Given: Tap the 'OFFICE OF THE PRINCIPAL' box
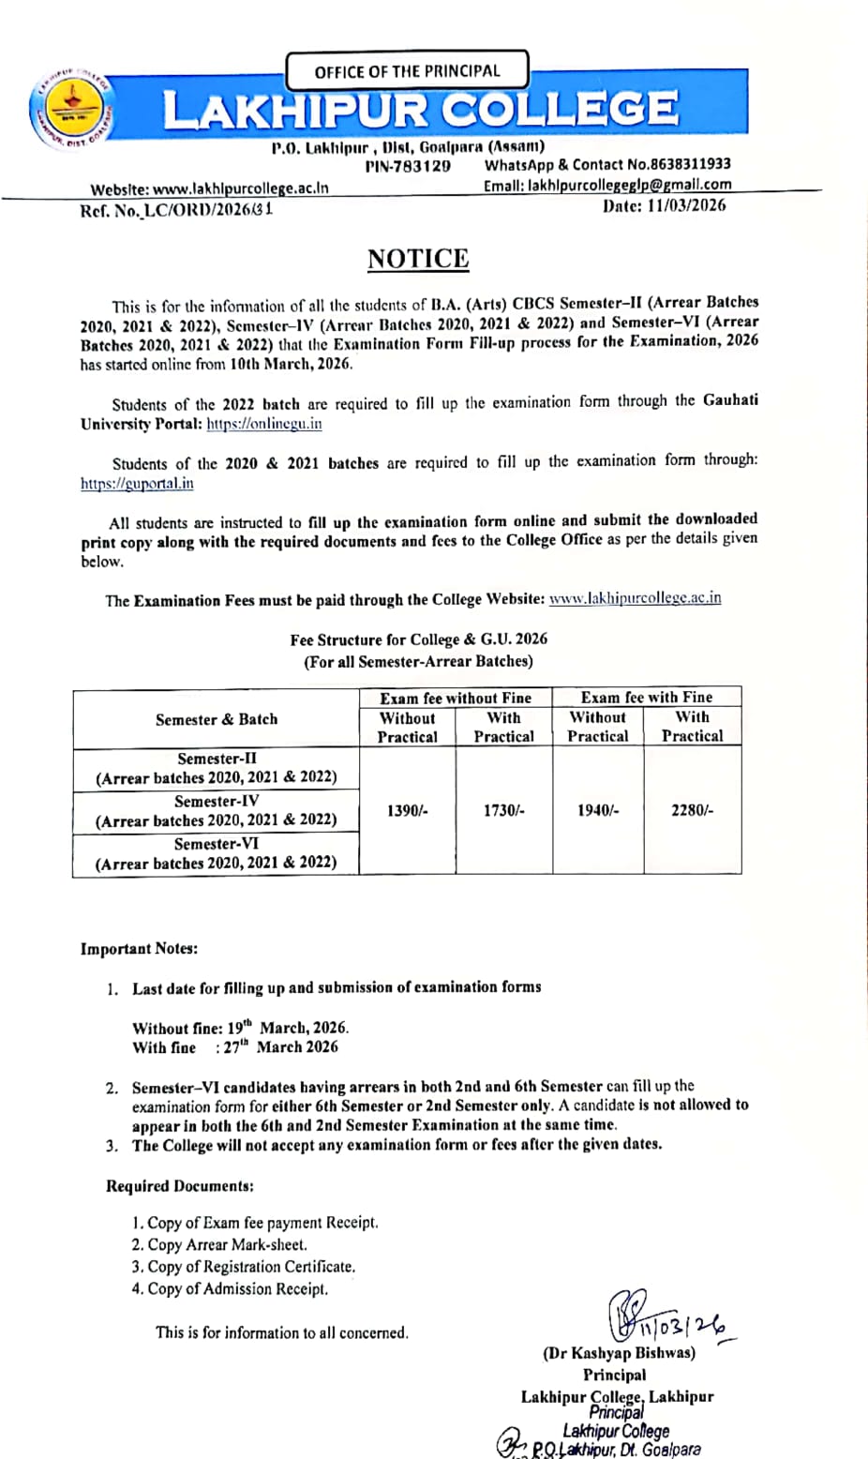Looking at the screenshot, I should coord(407,71).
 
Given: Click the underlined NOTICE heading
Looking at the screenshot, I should coord(418,259).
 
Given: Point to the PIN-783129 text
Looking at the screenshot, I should coord(408,166).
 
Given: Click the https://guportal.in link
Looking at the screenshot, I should coord(137,484).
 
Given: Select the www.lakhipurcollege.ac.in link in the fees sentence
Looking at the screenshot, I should coord(635,598).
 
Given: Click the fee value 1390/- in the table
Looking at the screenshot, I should coord(407,811).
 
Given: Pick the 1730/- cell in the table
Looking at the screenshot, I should coord(503,811).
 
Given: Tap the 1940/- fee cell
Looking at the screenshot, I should coord(598,811).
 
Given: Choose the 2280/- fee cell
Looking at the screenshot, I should coord(692,811).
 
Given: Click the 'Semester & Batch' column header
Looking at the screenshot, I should coord(217,719).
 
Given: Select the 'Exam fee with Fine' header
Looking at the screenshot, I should coord(647,698).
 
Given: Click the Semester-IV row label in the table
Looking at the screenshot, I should coord(217,811).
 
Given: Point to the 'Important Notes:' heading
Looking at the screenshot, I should coord(139,949).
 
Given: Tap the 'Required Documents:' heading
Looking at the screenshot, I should coord(180,1186).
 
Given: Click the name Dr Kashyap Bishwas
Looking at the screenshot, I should coord(619,1353).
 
